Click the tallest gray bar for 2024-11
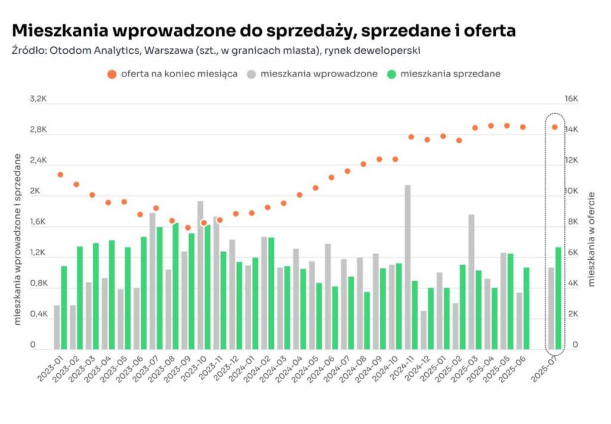408,267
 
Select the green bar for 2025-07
558,299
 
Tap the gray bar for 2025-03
471,282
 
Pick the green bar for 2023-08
176,286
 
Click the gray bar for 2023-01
57,327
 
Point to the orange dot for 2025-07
555,127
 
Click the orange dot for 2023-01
60,175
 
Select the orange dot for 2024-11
411,137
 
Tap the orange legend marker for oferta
112,75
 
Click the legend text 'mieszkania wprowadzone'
319,73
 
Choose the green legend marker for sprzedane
391,75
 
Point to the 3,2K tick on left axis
38,99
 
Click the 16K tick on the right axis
571,99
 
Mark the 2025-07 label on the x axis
544,369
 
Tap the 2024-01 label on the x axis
242,369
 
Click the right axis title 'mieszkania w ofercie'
591,239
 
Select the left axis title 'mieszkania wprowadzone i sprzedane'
17,239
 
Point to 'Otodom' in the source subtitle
65,50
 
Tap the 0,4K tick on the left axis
38,314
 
